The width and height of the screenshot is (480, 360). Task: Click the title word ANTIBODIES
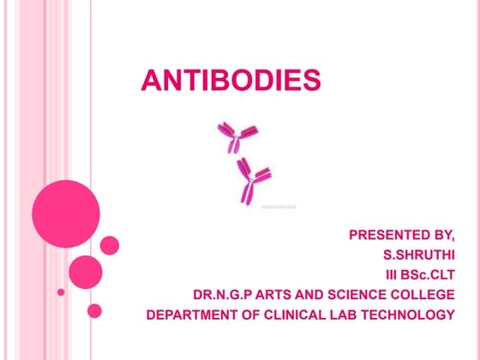231,81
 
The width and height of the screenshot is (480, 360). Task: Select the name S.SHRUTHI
418,255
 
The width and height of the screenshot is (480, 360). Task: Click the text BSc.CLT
429,274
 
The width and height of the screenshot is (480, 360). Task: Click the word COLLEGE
421,295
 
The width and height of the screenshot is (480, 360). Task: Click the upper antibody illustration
237,136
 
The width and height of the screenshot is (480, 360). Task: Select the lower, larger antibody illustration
254,181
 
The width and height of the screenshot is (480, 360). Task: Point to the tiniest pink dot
61,292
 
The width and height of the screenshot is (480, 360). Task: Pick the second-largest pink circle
86,273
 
